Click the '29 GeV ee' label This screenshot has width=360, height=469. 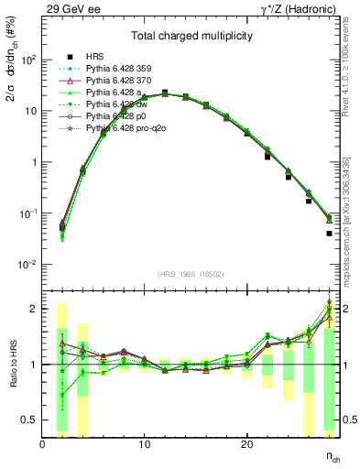coord(68,7)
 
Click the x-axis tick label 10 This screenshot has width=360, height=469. coord(144,445)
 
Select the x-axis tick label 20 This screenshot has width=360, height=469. coord(246,445)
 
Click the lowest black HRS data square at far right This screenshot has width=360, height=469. coord(329,234)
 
